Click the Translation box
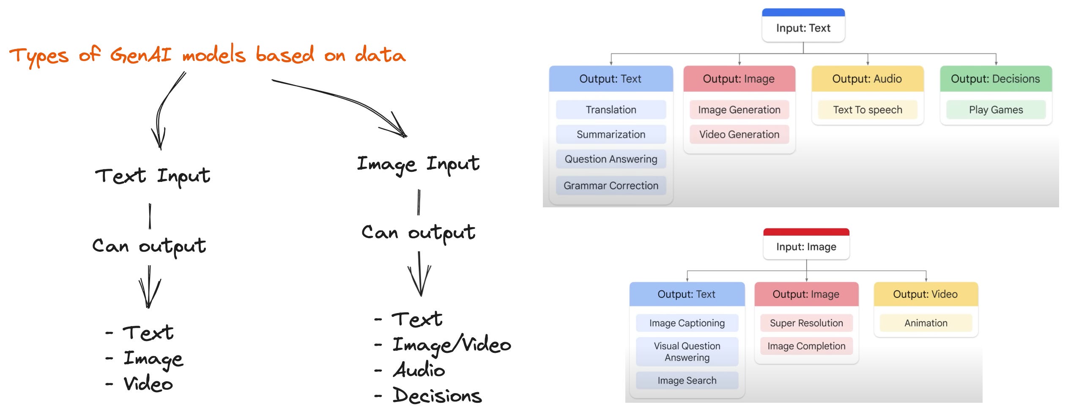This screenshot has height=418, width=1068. (x=611, y=110)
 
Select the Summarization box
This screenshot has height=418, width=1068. (x=611, y=134)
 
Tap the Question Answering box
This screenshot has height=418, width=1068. (x=611, y=159)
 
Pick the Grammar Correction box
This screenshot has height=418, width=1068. (x=611, y=185)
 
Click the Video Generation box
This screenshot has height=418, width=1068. (x=739, y=134)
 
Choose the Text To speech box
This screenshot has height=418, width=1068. (x=867, y=110)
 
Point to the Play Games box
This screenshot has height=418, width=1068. (x=996, y=110)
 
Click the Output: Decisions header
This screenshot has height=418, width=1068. (x=995, y=79)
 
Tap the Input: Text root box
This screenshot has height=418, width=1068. (x=803, y=28)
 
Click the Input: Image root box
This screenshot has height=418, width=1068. (x=806, y=247)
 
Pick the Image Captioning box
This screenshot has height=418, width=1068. (x=687, y=323)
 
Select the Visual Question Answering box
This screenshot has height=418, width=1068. (x=687, y=352)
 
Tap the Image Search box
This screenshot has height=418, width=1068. (x=687, y=380)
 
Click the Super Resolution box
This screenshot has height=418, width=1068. (x=806, y=323)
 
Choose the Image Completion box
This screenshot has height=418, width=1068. (x=806, y=346)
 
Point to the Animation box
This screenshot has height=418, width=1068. (x=926, y=323)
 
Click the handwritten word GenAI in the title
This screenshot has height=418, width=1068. (x=141, y=55)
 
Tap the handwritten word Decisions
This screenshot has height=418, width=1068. (x=437, y=396)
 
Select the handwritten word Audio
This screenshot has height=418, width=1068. (x=419, y=370)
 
